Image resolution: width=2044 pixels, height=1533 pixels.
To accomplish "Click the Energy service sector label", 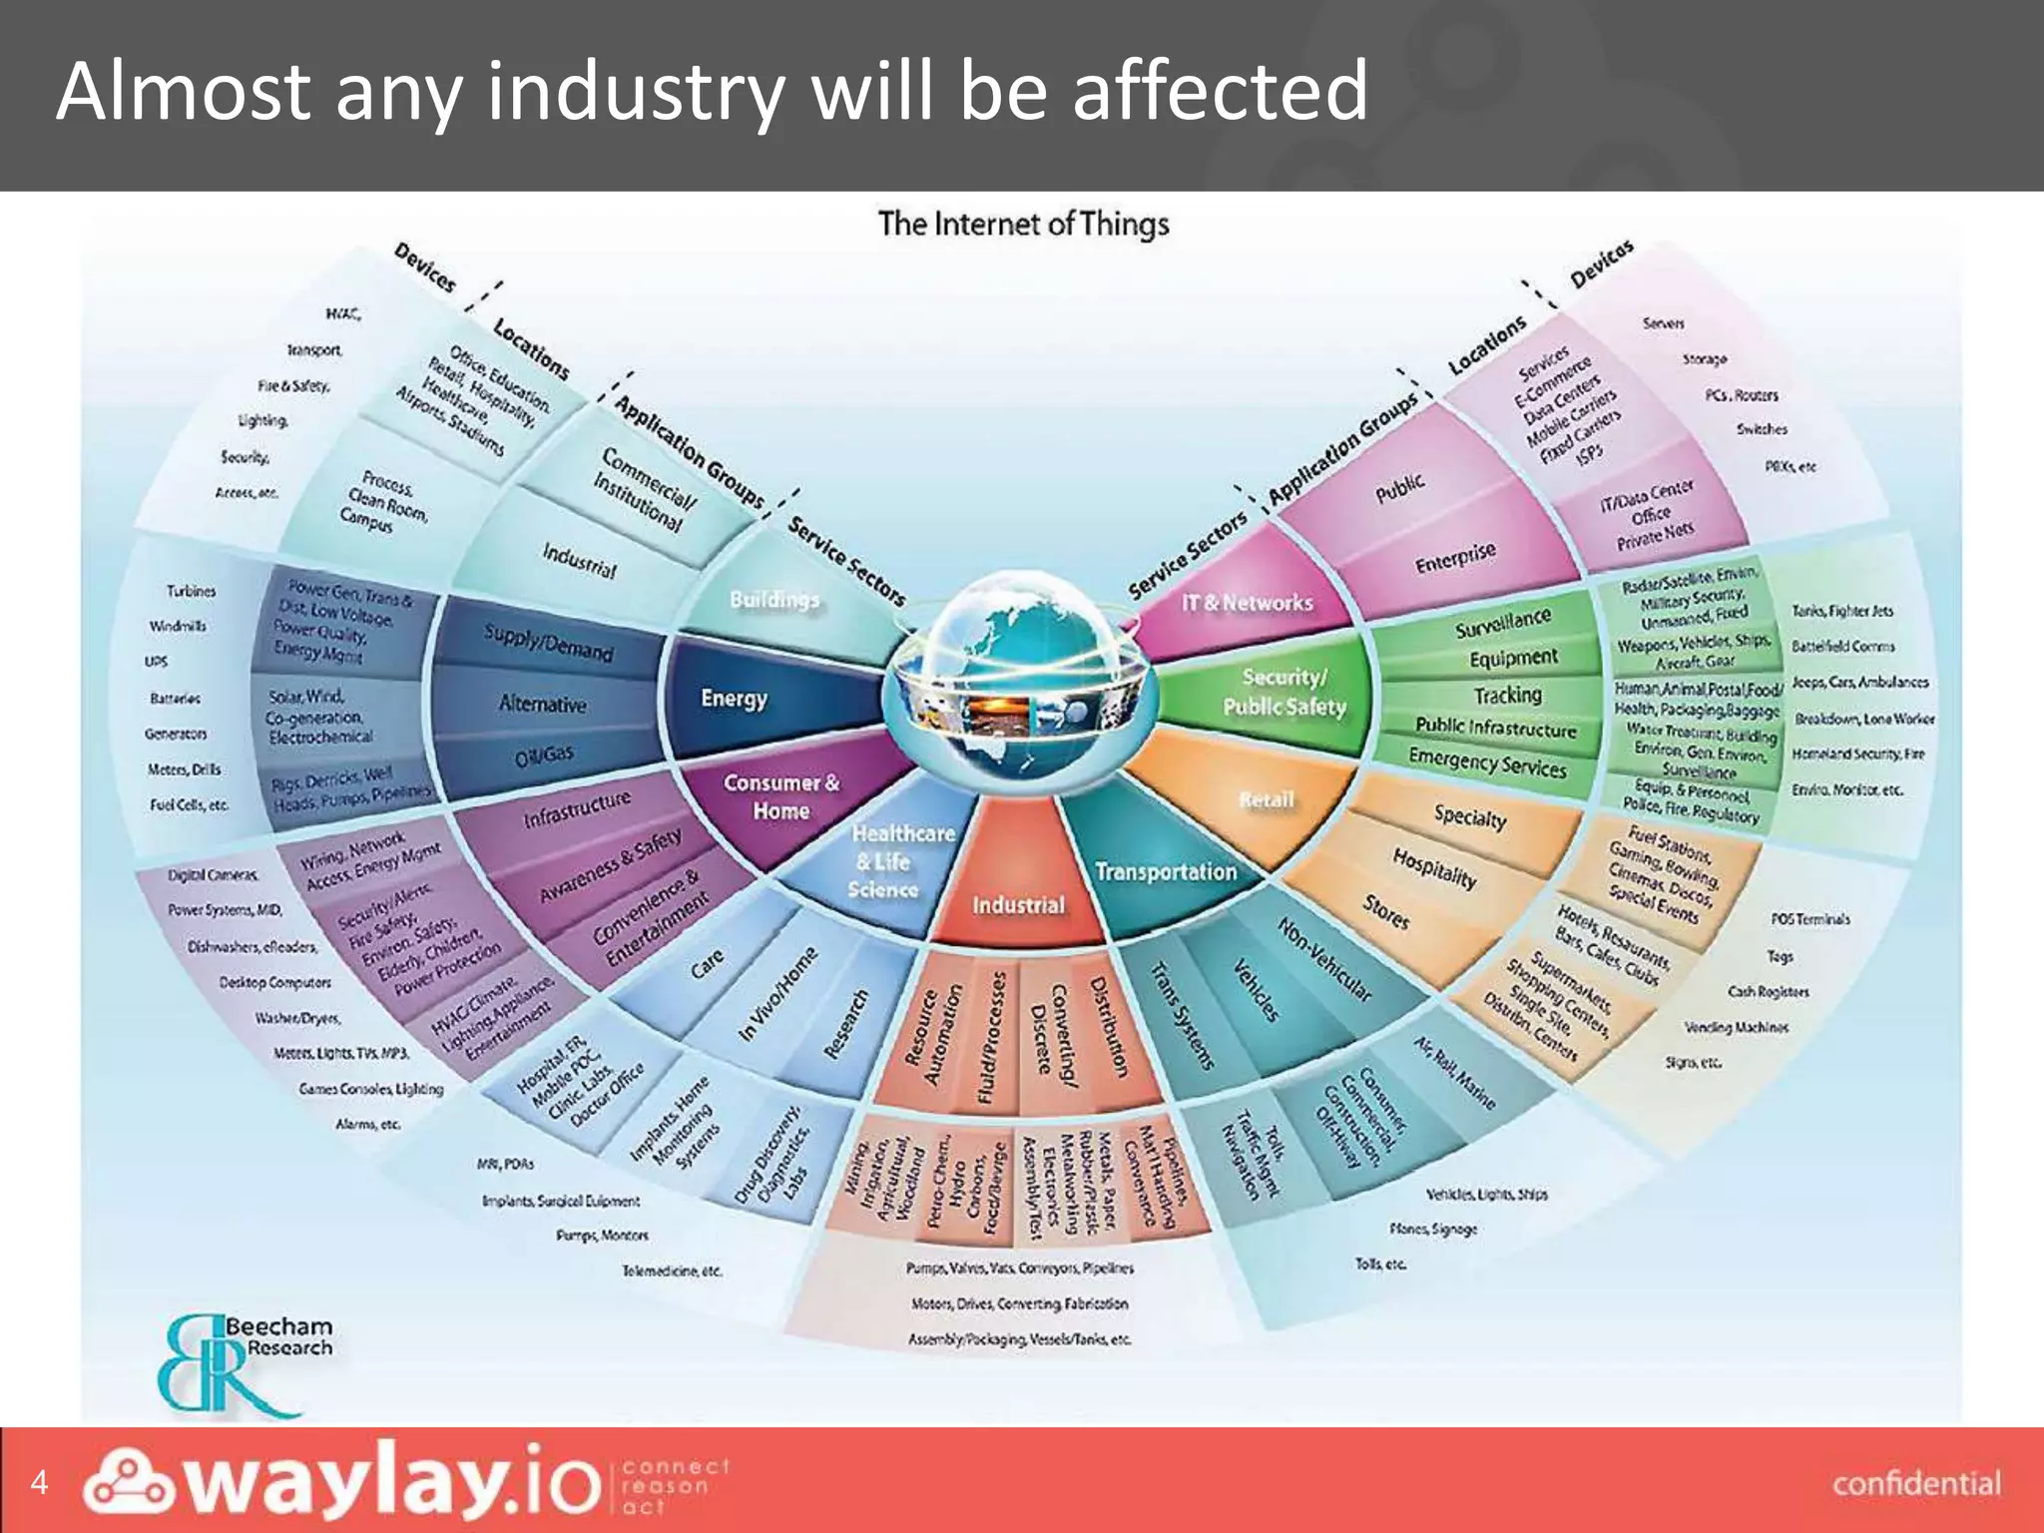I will tap(734, 699).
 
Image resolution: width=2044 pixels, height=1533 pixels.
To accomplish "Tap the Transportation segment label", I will tap(1165, 872).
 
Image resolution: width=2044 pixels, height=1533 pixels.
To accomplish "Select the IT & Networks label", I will tap(1247, 603).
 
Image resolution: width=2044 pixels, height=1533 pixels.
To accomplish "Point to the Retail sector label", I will tap(1266, 799).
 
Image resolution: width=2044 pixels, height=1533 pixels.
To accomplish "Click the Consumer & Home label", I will tap(781, 796).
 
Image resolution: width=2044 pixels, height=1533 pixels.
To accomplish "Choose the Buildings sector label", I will tap(774, 600).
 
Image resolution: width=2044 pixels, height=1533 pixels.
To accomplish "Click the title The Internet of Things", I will tap(1023, 224).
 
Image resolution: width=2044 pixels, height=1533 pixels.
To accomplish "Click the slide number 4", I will tap(39, 1481).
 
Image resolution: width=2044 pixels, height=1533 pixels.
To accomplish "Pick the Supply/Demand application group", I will tap(548, 643).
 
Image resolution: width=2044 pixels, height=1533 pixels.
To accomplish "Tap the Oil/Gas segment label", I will tap(544, 756).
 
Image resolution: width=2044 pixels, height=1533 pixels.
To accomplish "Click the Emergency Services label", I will tap(1487, 763).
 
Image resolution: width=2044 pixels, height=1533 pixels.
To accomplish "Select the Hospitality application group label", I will tap(1434, 867).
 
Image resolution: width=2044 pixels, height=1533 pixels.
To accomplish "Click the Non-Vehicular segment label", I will tap(1324, 959).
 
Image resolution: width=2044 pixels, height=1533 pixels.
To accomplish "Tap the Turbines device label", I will tap(191, 591).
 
